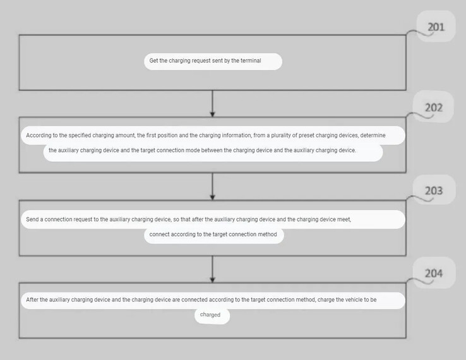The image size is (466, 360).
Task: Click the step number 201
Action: point(436,27)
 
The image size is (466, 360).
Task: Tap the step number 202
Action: point(434,107)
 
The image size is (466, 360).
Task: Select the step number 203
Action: point(434,191)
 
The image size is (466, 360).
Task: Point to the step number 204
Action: point(434,273)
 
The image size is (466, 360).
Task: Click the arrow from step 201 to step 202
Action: point(212,104)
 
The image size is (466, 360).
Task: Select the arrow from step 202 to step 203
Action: point(212,186)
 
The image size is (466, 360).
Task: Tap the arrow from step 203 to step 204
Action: point(212,269)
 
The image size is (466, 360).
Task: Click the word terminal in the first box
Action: point(251,61)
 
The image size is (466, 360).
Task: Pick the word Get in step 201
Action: point(153,61)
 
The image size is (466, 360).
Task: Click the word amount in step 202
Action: point(126,135)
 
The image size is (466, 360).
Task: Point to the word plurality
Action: point(280,135)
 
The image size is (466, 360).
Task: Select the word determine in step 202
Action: point(373,135)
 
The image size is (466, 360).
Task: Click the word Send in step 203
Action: point(32,219)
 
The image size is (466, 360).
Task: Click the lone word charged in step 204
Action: point(210,315)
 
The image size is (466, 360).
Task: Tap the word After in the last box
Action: point(32,299)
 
